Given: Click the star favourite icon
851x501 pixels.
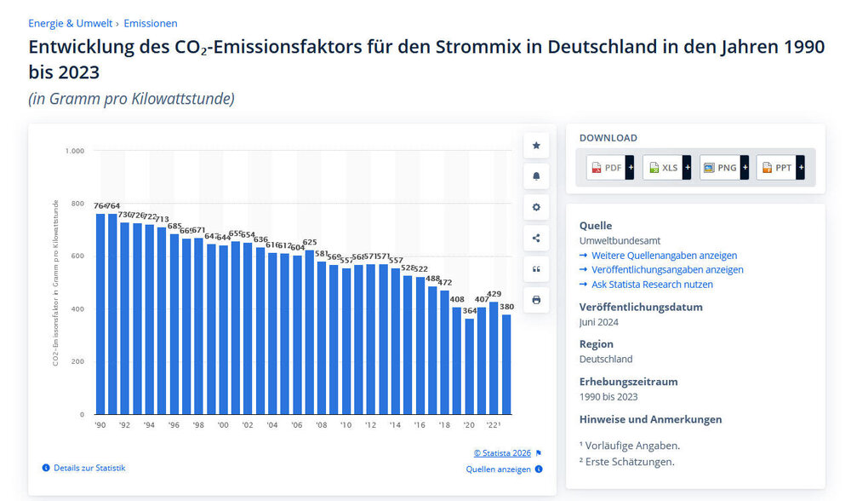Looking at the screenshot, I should coord(536,146).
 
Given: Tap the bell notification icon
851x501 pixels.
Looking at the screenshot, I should coord(536,176).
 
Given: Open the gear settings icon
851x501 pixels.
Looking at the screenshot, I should coord(536,207).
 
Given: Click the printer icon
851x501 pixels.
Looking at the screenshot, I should coord(536,300).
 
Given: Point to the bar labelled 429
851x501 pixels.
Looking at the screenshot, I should coord(494,358).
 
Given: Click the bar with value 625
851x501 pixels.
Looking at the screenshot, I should coord(310,332).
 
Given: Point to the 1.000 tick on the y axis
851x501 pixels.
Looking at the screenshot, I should coord(75,151).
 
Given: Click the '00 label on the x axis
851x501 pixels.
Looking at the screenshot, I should coord(223,424).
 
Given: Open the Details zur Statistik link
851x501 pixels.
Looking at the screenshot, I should coord(89,468).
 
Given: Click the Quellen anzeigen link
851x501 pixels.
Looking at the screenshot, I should coord(499,469).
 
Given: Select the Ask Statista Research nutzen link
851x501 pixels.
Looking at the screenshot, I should coord(652,285).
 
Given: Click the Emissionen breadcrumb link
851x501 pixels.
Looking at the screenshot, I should coord(151,24).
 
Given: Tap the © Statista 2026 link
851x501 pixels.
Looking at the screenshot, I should coord(502,453).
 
